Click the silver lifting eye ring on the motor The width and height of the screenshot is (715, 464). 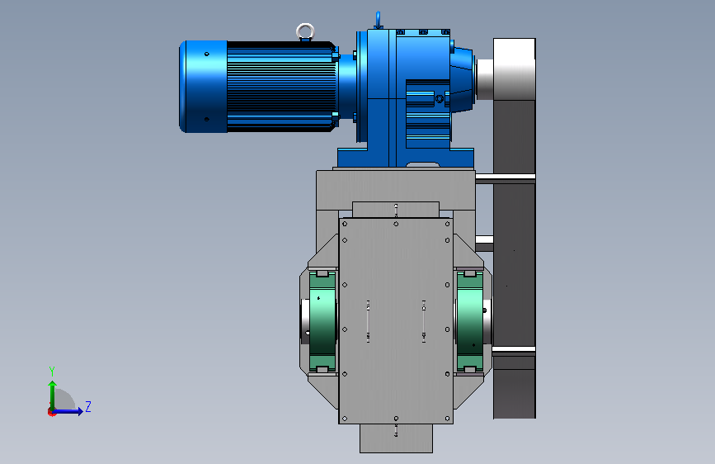point(305,26)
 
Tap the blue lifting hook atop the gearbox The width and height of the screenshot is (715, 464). point(378,21)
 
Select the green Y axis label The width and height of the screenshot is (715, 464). point(52,371)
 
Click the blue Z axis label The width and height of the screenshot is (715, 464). point(88,406)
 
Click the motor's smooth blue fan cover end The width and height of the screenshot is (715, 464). point(204,87)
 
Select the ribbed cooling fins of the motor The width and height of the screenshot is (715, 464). point(281,87)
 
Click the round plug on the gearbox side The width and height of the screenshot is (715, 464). point(440,98)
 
